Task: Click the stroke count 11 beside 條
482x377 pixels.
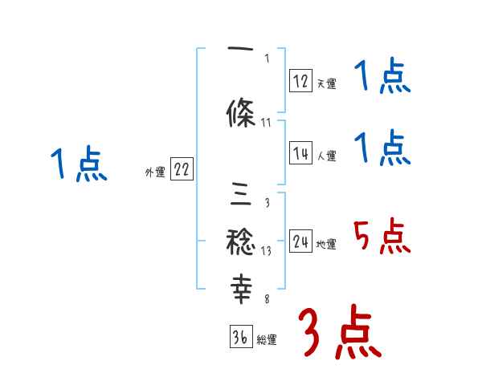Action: pos(267,122)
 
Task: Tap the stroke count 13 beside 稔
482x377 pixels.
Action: pos(267,249)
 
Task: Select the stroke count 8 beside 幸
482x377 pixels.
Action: pos(267,299)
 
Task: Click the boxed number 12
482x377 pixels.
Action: pos(301,80)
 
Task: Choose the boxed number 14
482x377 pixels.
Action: pos(301,153)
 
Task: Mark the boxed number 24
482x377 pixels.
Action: pos(301,241)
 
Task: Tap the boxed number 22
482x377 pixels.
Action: pos(182,169)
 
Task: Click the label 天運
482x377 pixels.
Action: pos(326,83)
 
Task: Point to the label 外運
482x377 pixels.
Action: pos(154,172)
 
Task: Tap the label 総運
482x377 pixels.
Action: pos(267,340)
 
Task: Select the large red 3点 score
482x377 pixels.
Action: pos(339,334)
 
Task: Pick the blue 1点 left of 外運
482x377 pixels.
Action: pos(78,164)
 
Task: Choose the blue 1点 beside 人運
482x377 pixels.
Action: pos(382,148)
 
